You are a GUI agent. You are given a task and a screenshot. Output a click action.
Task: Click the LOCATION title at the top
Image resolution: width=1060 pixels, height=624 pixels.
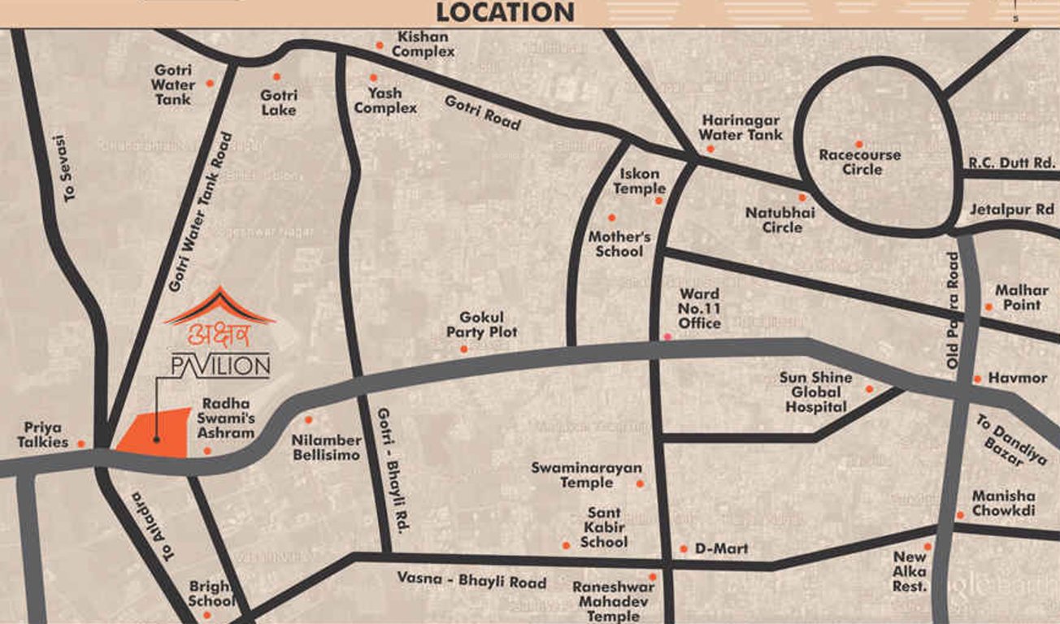505,12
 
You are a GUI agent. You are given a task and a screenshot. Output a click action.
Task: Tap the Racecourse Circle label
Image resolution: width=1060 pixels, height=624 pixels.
860,162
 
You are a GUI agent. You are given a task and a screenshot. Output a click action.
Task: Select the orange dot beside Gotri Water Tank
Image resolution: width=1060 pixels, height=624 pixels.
210,83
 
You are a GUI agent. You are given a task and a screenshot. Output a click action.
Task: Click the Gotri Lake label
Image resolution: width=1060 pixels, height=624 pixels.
279,102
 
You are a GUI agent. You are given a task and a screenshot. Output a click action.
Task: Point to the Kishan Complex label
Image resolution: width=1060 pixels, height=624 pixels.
423,44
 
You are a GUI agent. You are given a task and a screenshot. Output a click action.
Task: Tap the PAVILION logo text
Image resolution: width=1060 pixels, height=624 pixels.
220,366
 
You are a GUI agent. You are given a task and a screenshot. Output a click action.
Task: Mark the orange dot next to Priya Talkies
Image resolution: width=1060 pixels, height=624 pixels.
81,444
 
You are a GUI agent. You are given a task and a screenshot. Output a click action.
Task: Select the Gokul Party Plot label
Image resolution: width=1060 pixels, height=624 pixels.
482,324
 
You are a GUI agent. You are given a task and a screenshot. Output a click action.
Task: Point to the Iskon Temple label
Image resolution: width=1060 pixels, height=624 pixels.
639,181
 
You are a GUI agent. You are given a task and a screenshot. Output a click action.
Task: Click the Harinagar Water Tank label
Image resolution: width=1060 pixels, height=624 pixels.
741,127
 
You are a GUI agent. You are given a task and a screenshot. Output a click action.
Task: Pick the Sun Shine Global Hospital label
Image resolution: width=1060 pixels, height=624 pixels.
815,392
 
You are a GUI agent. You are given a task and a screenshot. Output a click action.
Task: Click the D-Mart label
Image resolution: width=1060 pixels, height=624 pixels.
721,549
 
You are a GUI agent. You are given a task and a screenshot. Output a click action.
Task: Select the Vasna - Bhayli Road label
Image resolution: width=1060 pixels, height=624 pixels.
471,582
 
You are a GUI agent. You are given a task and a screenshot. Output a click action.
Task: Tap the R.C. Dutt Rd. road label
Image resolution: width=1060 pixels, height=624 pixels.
1011,163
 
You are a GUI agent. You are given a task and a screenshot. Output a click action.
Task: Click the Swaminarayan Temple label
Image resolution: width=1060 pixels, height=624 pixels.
586,475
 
